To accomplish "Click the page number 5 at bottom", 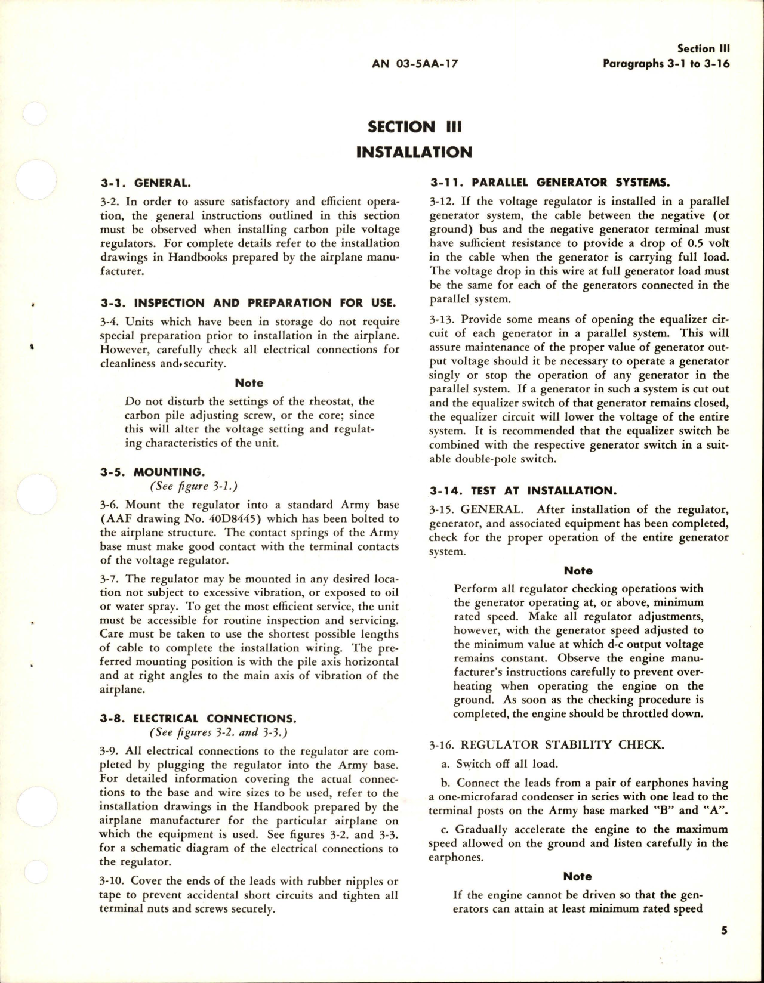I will click(724, 931).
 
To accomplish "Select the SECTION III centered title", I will click(415, 126).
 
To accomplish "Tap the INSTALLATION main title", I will click(414, 153).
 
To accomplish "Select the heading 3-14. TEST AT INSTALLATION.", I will click(521, 491).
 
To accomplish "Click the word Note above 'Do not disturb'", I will click(249, 383).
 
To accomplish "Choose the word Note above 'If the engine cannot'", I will click(577, 876).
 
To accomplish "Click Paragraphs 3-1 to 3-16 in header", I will click(666, 64).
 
